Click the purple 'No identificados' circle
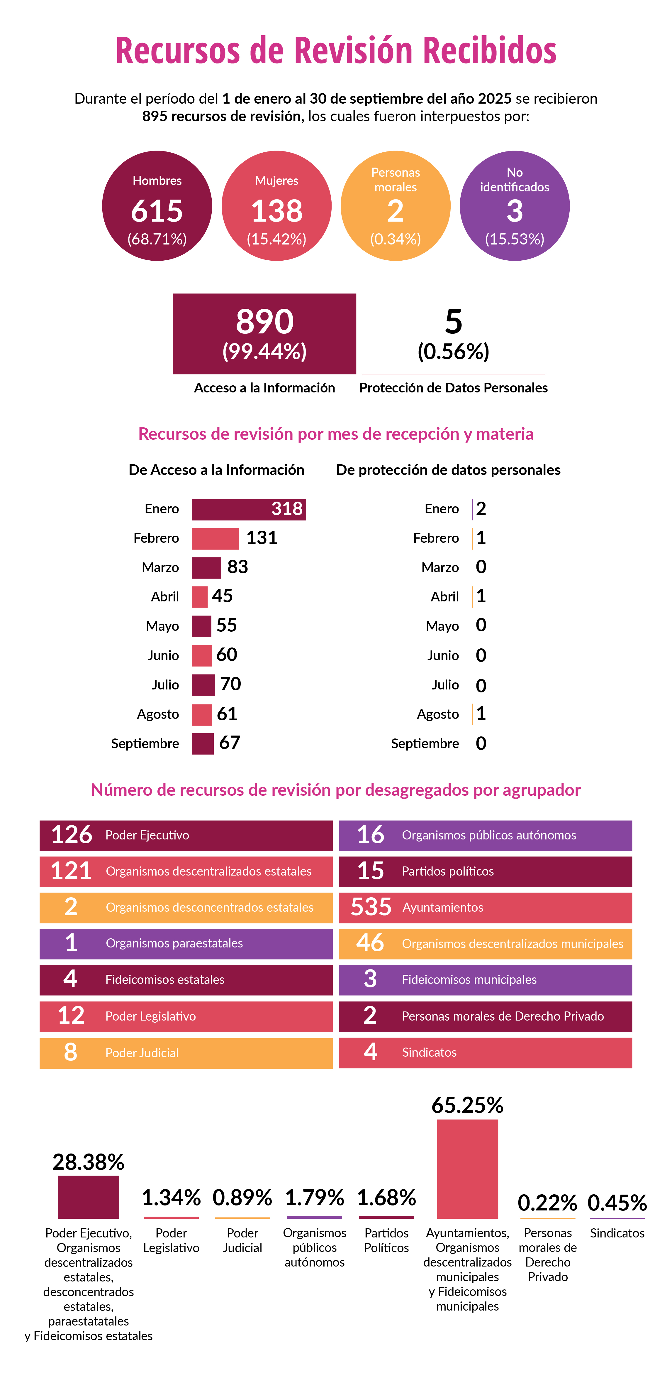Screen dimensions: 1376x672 pyautogui.click(x=515, y=206)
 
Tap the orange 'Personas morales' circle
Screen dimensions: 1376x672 pyautogui.click(x=396, y=206)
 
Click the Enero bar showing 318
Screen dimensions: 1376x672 pyautogui.click(x=248, y=509)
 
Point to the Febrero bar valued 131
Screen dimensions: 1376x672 pyautogui.click(x=215, y=538)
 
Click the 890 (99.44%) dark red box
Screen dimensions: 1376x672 pyautogui.click(x=264, y=333)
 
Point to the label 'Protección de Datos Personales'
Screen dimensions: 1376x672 pyautogui.click(x=453, y=388)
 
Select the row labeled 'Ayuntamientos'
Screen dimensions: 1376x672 pyautogui.click(x=485, y=908)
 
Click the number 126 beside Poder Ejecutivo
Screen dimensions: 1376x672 pyautogui.click(x=72, y=835)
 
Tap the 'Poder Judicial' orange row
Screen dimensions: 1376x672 pyautogui.click(x=186, y=1053)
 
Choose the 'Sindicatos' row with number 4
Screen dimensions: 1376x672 pyautogui.click(x=485, y=1052)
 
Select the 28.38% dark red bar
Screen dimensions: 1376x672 pyautogui.click(x=89, y=1197)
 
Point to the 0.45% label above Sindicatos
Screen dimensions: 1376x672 pyautogui.click(x=617, y=1203)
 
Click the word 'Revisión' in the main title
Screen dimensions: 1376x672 pyautogui.click(x=353, y=51)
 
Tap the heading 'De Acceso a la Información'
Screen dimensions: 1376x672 pyautogui.click(x=216, y=470)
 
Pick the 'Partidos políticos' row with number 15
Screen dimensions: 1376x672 pyautogui.click(x=485, y=871)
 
